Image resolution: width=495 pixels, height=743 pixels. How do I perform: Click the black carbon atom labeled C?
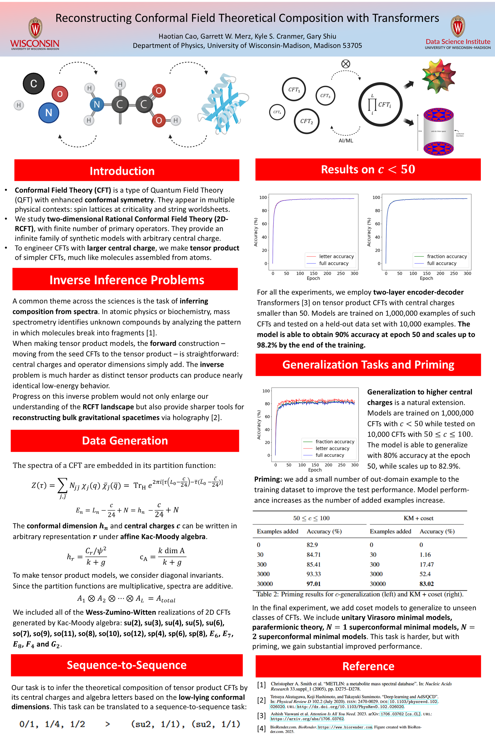coord(34,83)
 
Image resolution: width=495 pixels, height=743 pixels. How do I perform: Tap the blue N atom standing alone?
coord(49,112)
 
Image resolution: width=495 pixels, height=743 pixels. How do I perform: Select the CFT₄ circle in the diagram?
coord(277,112)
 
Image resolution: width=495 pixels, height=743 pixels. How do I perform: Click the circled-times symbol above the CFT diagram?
coord(346,64)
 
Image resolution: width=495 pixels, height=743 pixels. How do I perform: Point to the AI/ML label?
coord(346,141)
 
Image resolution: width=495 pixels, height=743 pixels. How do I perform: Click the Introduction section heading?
coord(122,171)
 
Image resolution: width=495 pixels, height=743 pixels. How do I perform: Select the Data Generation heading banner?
coord(125,440)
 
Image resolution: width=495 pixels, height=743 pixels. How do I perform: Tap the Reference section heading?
coord(368,666)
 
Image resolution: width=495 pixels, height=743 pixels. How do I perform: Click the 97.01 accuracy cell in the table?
coord(313,584)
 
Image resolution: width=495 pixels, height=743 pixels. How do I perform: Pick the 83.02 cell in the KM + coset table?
coord(426,584)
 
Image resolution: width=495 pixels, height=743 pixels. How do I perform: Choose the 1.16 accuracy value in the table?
coord(425,554)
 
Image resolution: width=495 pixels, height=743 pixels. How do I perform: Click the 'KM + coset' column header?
coord(418,518)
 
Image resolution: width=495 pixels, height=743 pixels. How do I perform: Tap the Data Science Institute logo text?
coord(458,42)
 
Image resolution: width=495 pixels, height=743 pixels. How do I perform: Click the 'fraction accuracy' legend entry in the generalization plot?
coord(335,441)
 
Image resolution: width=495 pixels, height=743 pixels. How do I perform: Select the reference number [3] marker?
coord(261,715)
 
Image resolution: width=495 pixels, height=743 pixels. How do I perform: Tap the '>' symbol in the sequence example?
coord(108,724)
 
